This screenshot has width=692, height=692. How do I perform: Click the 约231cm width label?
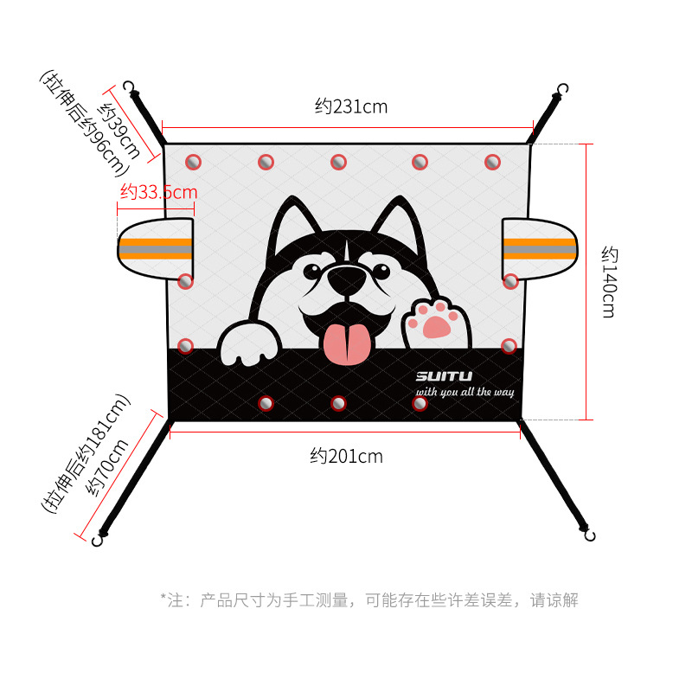pos(351,107)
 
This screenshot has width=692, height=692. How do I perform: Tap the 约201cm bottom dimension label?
pos(346,456)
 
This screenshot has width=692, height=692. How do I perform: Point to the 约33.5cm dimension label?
pos(158,192)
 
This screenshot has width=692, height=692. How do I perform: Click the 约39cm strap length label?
pos(119,130)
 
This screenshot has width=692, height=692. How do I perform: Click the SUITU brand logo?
pos(443,376)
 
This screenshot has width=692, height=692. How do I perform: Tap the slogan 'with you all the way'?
pos(465,393)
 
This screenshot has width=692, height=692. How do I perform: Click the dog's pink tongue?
pos(345,343)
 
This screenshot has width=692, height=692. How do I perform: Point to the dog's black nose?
pos(347,279)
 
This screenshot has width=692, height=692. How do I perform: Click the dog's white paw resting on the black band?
pos(250,345)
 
